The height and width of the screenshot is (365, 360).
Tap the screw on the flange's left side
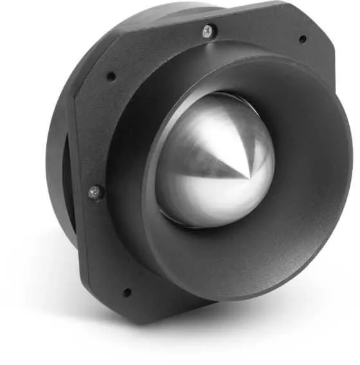tap(94, 191)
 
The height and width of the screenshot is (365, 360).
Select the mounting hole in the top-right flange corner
tap(302, 39)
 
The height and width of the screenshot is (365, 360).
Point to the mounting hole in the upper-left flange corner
tap(111, 76)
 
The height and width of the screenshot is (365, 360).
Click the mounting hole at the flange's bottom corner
tap(127, 292)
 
